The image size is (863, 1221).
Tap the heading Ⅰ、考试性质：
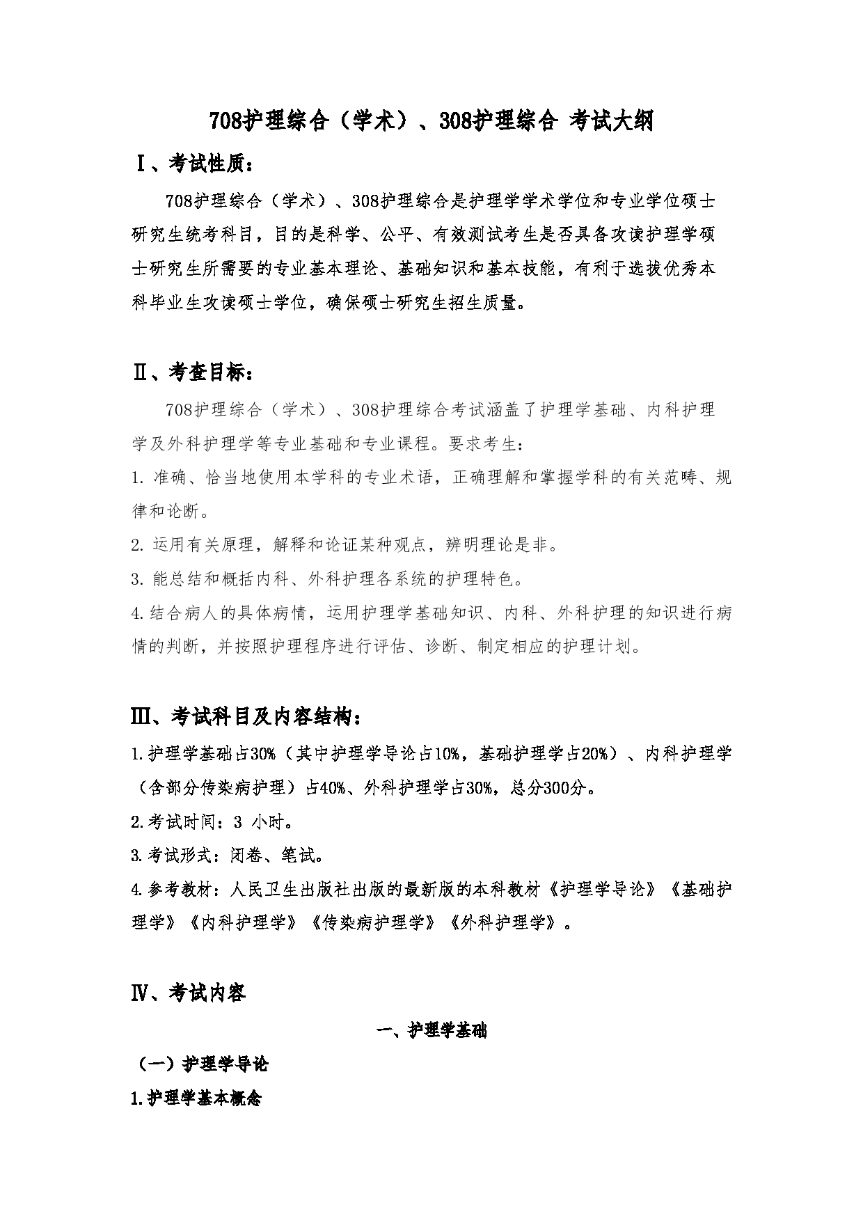tap(195, 164)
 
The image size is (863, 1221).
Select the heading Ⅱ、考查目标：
tap(194, 373)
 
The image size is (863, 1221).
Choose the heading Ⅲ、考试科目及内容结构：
tap(246, 716)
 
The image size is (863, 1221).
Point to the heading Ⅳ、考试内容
tap(189, 993)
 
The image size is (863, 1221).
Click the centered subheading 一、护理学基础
tap(431, 1031)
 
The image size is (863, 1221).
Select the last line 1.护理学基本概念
tap(196, 1099)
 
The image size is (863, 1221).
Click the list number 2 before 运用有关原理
tap(136, 545)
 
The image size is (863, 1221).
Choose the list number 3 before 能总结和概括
tap(136, 579)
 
